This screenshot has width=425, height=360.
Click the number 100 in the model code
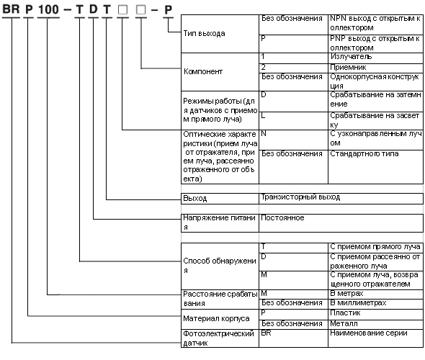[x=48, y=9]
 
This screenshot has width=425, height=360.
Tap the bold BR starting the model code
[x=11, y=9]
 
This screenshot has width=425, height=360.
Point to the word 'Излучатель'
[x=351, y=57]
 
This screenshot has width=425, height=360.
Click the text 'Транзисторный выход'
[x=300, y=197]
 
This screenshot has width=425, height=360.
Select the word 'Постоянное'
[x=282, y=217]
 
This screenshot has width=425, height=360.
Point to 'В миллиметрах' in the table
[x=358, y=302]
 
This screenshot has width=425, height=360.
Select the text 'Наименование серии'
[x=369, y=333]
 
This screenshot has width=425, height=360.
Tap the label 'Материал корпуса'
[x=216, y=318]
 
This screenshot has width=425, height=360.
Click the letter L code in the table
[x=263, y=116]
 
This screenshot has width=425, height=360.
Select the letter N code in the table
[x=264, y=133]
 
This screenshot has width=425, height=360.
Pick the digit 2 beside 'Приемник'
[x=263, y=67]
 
